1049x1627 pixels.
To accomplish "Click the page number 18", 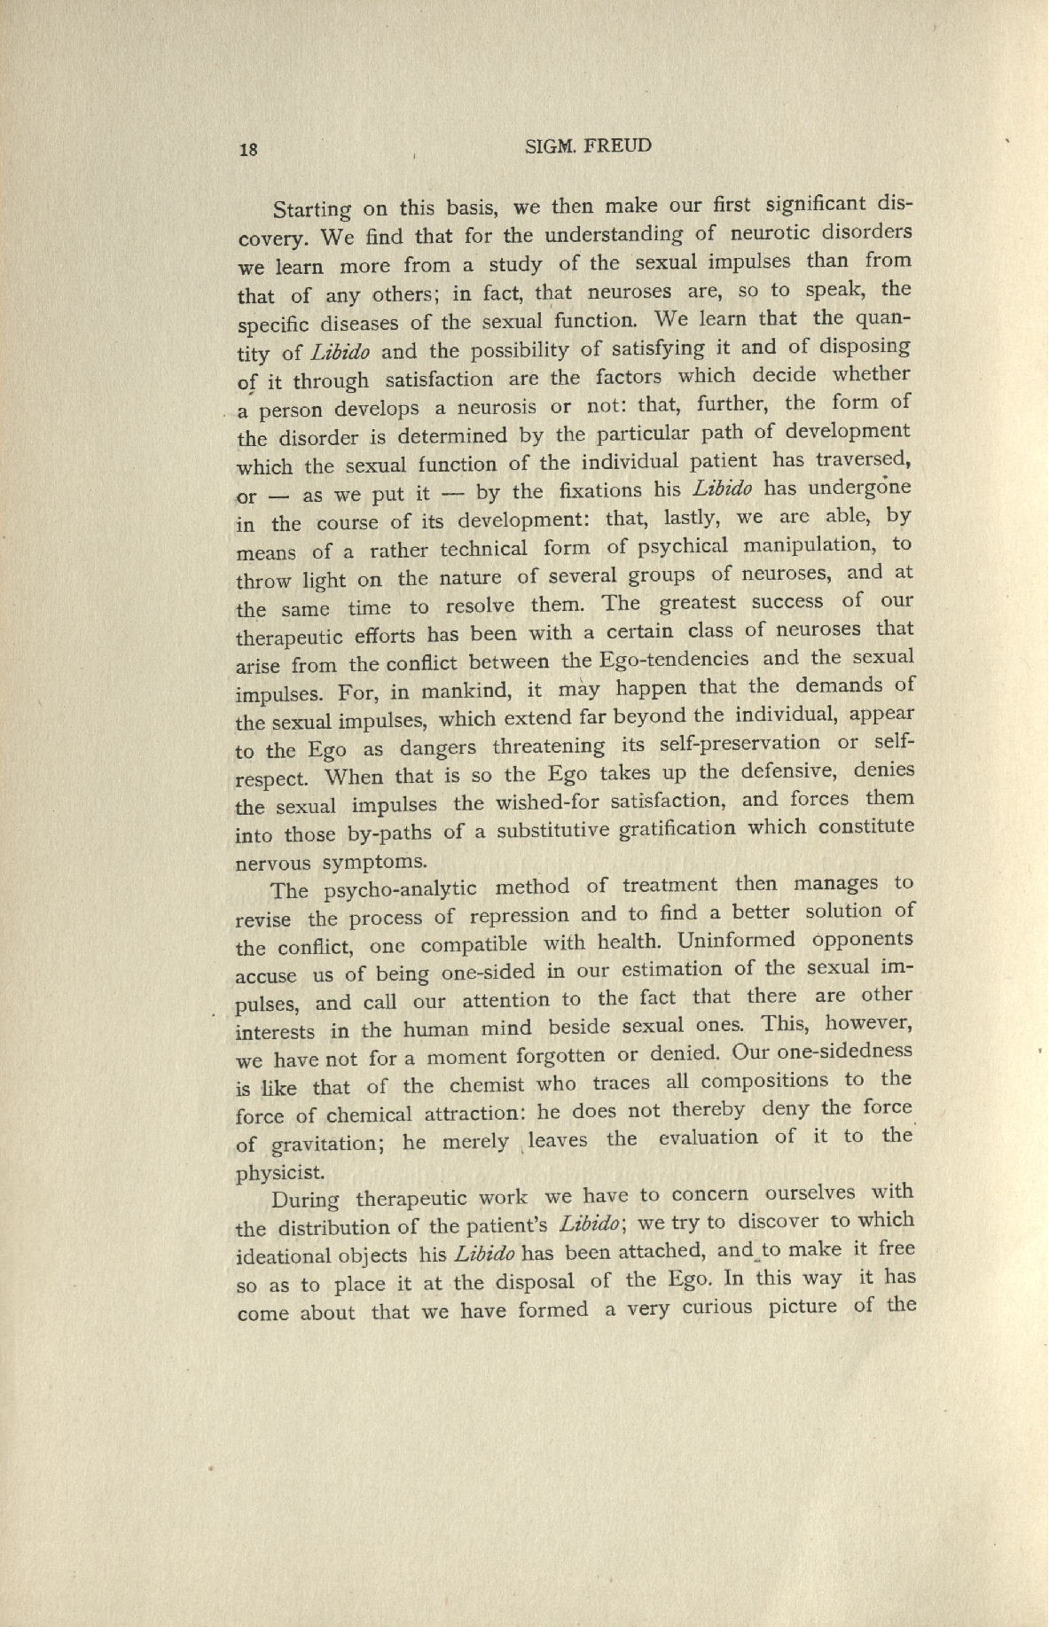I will tap(248, 149).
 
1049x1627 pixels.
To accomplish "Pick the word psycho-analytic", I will tap(400, 889).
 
